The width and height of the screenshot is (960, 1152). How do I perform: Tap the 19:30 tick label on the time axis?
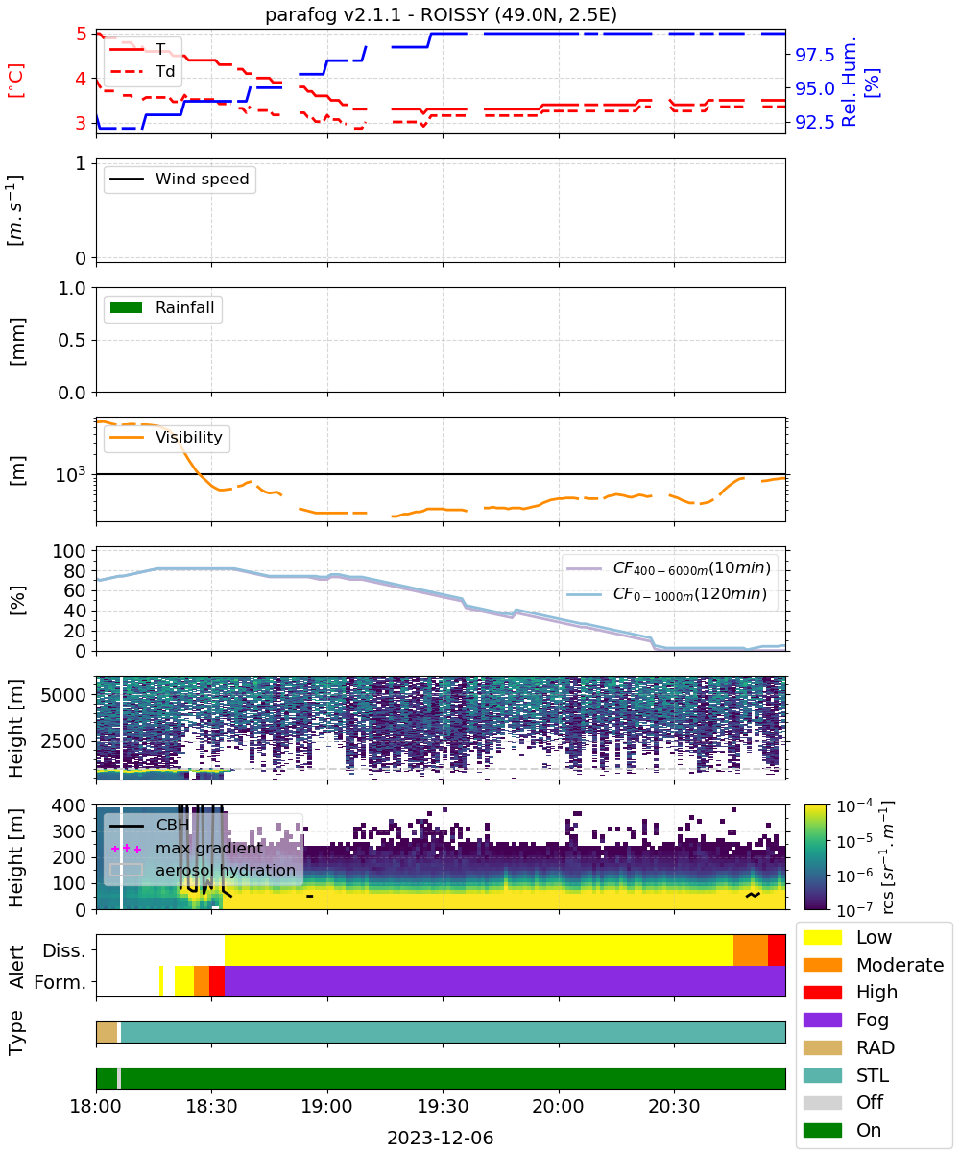tap(443, 1106)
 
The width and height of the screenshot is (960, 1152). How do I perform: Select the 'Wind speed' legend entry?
tap(180, 179)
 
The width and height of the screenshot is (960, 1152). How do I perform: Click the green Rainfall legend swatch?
tap(127, 307)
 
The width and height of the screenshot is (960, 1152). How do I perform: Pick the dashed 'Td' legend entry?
tap(142, 71)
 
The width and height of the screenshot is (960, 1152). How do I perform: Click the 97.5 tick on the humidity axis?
tap(814, 55)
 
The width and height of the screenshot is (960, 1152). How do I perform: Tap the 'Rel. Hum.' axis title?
tap(849, 82)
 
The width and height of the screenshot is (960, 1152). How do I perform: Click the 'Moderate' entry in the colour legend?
tap(874, 965)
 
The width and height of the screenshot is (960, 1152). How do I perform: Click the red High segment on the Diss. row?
tap(777, 950)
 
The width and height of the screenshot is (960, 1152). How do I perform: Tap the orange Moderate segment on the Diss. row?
tap(751, 950)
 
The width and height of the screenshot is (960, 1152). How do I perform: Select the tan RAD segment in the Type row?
tap(107, 1032)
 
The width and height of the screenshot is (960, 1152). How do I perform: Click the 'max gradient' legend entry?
tap(186, 848)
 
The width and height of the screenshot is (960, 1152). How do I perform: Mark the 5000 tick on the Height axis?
tap(63, 695)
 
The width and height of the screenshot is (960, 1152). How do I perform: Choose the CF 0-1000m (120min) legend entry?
tap(667, 593)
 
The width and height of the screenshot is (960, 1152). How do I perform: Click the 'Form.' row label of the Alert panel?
tap(60, 982)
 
